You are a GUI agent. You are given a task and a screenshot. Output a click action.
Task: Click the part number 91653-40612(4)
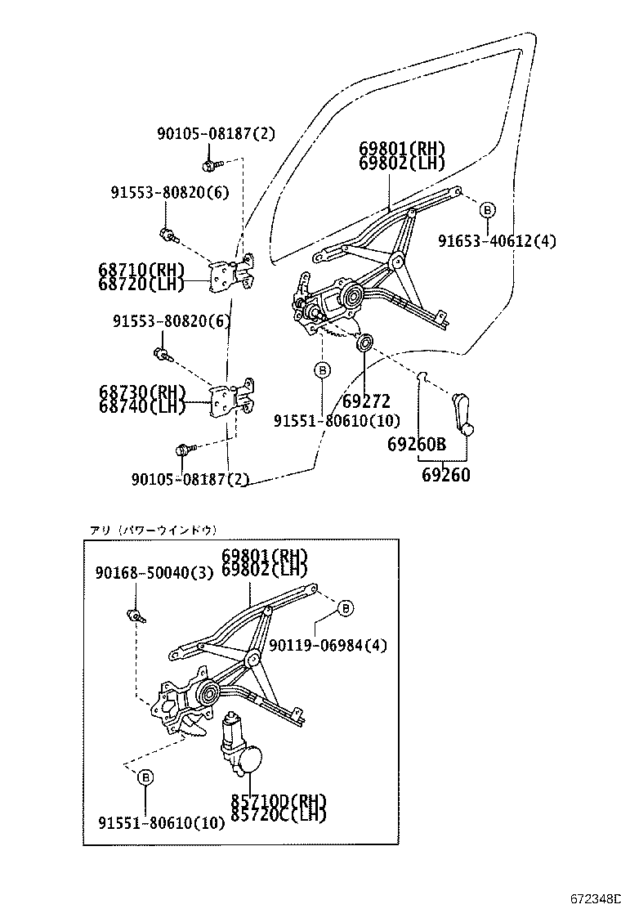point(496,240)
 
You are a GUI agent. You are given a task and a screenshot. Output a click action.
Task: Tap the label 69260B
point(416,445)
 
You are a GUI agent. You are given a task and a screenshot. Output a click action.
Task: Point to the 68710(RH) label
point(141,269)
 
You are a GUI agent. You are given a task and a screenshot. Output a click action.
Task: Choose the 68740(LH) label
point(141,405)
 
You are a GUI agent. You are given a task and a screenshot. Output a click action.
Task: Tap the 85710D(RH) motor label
point(279,801)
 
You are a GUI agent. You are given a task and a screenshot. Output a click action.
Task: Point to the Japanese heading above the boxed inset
point(153,531)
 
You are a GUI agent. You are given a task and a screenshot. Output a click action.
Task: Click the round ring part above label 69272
point(365,341)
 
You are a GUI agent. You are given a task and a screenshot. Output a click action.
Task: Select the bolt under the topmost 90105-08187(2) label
point(211,164)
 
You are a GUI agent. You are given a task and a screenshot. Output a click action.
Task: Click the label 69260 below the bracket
point(445,474)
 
